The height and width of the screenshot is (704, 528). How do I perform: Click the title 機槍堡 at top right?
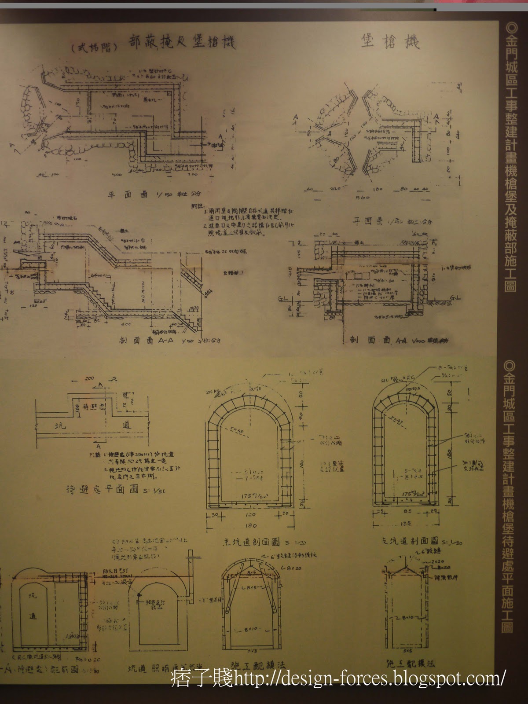(390, 42)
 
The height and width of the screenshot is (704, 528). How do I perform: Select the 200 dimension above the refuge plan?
(90, 378)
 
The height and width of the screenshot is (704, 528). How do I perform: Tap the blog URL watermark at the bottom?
(339, 679)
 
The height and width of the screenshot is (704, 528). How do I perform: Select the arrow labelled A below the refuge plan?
(99, 446)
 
